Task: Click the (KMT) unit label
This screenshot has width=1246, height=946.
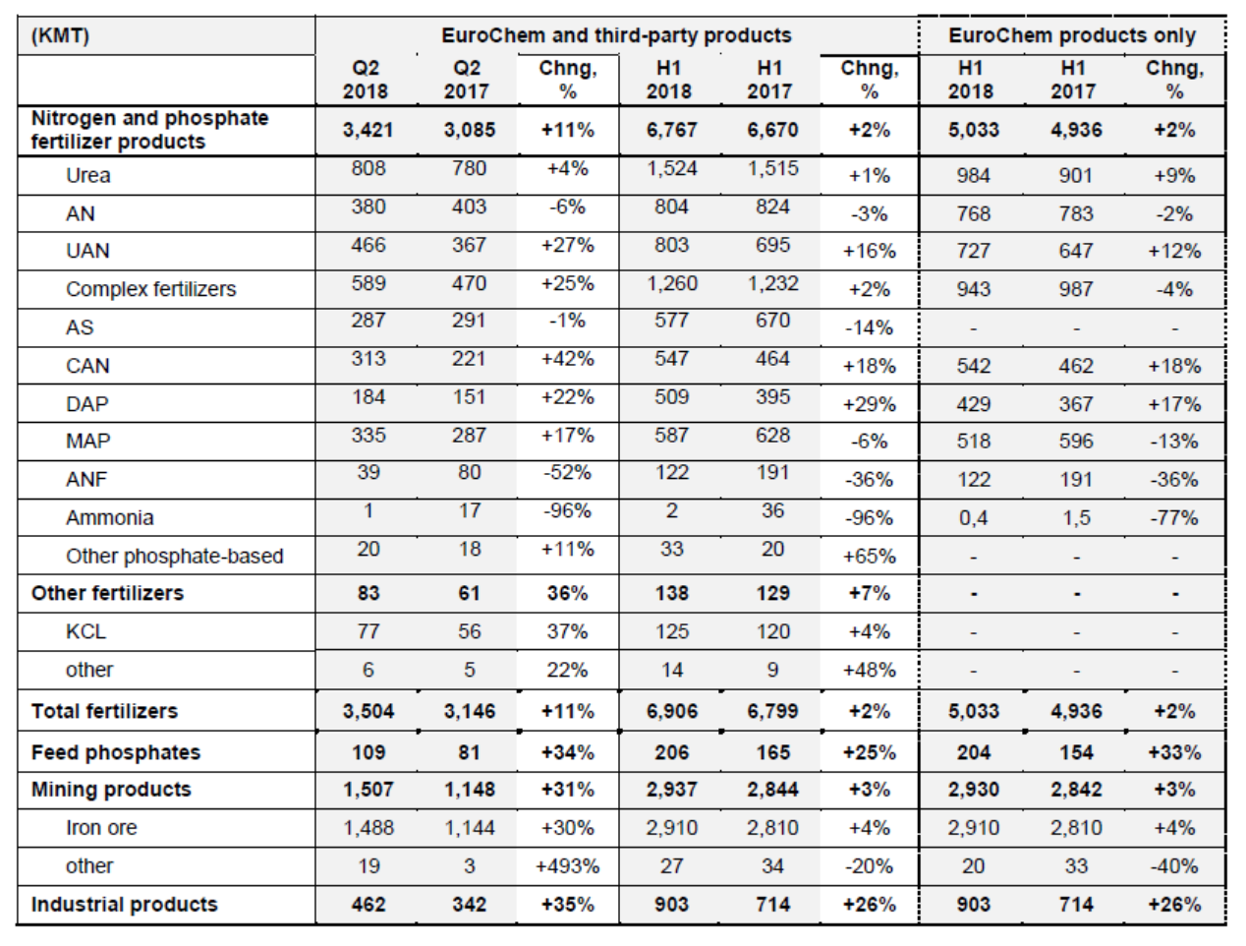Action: [x=60, y=36]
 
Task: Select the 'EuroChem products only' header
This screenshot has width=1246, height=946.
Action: [x=1072, y=35]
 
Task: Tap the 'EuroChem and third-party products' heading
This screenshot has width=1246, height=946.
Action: [x=616, y=35]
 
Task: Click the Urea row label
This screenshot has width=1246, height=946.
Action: [x=88, y=175]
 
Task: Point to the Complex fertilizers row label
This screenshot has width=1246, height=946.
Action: [x=151, y=289]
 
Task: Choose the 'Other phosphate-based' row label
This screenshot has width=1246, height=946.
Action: [x=174, y=556]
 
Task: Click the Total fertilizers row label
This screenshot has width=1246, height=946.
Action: [x=104, y=711]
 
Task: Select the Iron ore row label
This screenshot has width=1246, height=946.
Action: [x=101, y=828]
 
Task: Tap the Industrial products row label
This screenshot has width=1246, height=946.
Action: [x=125, y=904]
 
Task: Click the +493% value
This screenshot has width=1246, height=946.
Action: [x=568, y=866]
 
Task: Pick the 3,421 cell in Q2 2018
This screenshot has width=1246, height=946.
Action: [x=368, y=130]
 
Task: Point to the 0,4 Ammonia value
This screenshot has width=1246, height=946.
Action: [x=973, y=518]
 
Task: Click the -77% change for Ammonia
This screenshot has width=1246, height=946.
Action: [x=1174, y=518]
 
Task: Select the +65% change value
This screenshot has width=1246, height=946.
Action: [x=869, y=556]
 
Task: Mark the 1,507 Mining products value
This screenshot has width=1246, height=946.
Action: [x=368, y=790]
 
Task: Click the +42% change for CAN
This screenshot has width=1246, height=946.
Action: [x=568, y=359]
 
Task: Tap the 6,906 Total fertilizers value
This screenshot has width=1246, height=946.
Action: [x=671, y=711]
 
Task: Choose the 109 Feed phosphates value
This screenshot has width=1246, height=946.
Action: [x=368, y=752]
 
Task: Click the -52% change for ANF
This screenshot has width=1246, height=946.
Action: [x=568, y=472]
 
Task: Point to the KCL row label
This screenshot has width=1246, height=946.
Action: [x=85, y=631]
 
